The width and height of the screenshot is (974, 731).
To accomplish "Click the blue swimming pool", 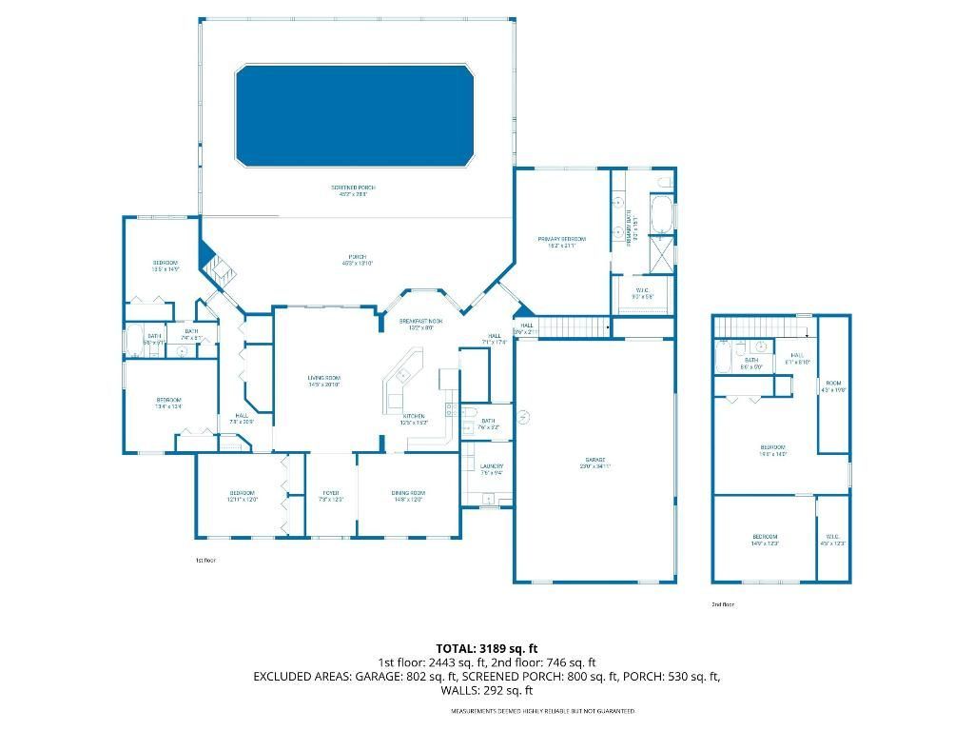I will pyautogui.click(x=354, y=115).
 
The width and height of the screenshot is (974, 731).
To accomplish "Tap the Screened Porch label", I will pyautogui.click(x=349, y=190).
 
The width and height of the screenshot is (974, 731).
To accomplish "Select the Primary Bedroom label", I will pyautogui.click(x=561, y=242).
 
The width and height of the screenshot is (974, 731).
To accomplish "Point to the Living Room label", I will pyautogui.click(x=323, y=381).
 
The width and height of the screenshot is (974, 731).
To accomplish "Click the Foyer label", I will pyautogui.click(x=330, y=495).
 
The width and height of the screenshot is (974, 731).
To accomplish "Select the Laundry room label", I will pyautogui.click(x=491, y=468).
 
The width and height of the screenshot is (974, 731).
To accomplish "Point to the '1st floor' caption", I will pyautogui.click(x=205, y=560).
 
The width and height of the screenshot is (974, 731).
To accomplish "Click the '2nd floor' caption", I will pyautogui.click(x=723, y=604).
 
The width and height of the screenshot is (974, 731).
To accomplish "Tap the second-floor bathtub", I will pyautogui.click(x=724, y=358).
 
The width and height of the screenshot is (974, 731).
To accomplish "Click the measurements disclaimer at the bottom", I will pyautogui.click(x=542, y=711).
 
